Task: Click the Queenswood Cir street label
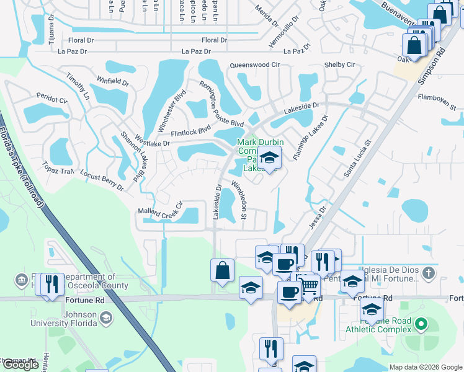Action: tap(255, 64)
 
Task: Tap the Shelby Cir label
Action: tap(339, 64)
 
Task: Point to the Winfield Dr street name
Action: tap(113, 81)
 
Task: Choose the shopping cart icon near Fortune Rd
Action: tap(310, 286)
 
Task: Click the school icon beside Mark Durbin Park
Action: tap(269, 158)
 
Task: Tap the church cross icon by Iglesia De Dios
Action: tap(428, 273)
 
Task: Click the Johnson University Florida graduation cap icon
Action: tap(106, 317)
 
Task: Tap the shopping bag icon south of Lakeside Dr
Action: tap(222, 270)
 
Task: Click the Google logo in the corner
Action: tap(20, 365)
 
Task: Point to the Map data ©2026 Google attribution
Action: tap(425, 367)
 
